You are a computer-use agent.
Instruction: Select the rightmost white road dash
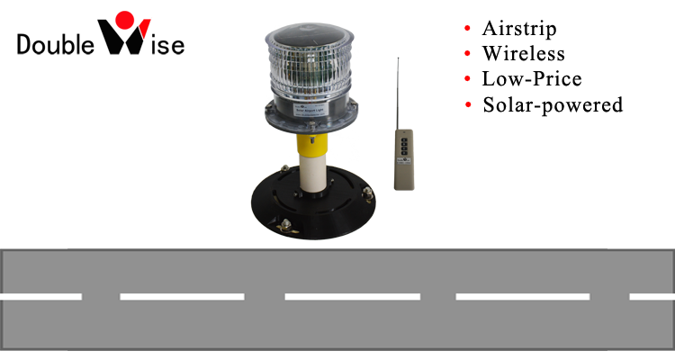click(652, 296)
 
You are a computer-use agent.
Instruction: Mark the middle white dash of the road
click(352, 296)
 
